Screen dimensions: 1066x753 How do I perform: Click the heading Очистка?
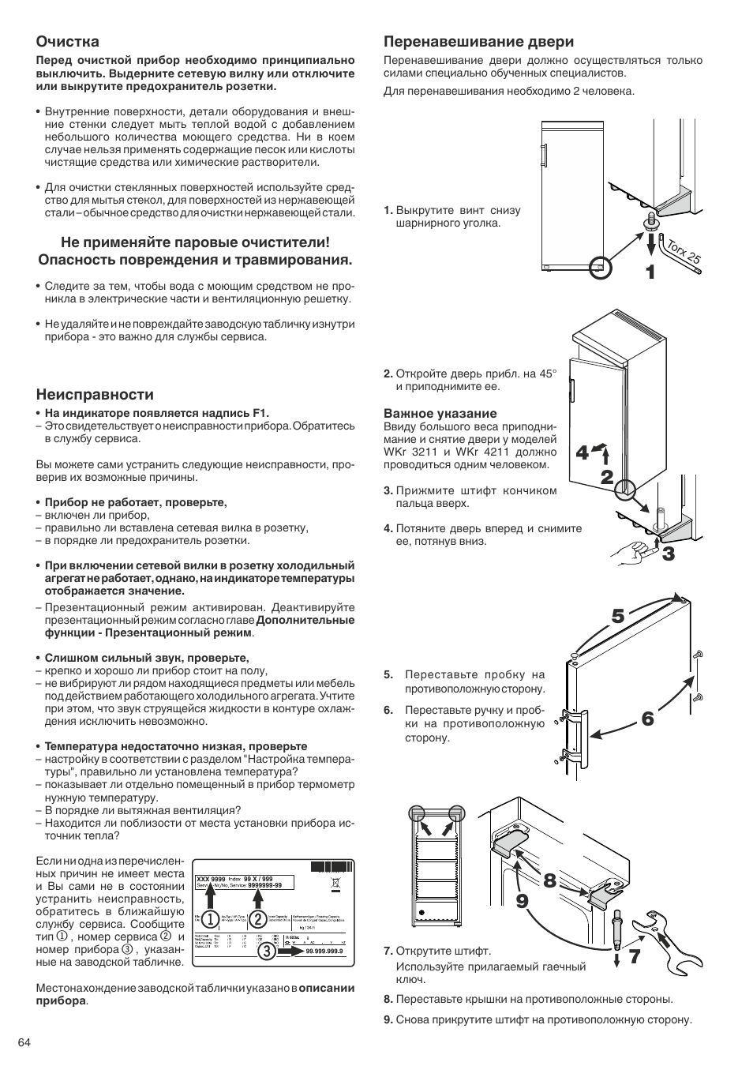[68, 41]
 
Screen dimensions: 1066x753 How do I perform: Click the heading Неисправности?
[95, 394]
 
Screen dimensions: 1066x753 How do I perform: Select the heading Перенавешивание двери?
[478, 41]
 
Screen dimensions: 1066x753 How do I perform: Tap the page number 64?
[24, 1042]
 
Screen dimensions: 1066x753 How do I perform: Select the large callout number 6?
[647, 719]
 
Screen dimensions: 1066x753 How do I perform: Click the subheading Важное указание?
[429, 413]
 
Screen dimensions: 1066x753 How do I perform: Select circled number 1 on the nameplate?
[210, 919]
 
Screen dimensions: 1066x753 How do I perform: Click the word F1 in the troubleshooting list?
[260, 412]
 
